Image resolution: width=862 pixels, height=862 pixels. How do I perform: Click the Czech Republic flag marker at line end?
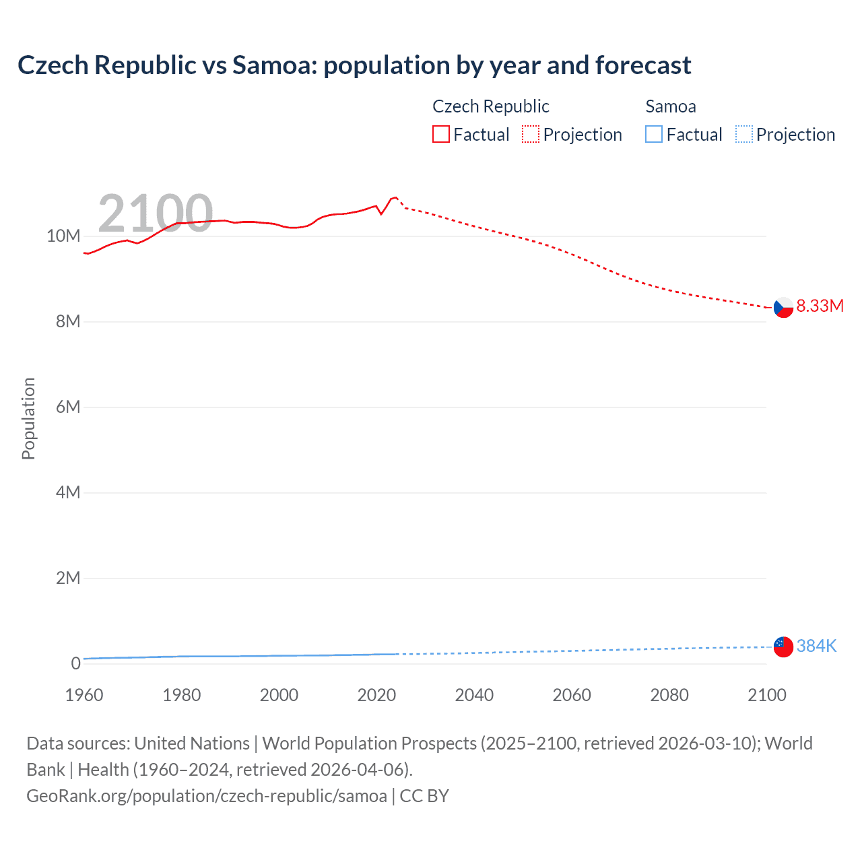click(x=783, y=307)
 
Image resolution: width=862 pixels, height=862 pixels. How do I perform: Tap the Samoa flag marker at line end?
click(x=783, y=646)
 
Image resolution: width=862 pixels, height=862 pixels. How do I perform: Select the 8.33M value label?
click(x=820, y=306)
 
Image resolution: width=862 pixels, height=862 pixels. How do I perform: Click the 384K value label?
click(x=816, y=646)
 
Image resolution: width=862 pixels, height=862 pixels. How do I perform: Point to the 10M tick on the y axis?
click(x=63, y=236)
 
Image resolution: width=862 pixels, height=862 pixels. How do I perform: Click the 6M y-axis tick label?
click(x=67, y=407)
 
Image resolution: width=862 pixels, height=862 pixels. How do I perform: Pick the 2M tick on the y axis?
click(x=67, y=578)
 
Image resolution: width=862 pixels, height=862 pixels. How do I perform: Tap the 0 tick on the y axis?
click(x=75, y=663)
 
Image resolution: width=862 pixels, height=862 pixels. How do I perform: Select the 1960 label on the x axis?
click(x=84, y=695)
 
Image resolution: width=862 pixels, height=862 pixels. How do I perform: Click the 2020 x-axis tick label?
click(x=376, y=695)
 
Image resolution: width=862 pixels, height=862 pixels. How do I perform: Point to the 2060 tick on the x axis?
click(x=572, y=695)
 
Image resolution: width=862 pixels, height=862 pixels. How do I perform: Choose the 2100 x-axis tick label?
click(x=766, y=695)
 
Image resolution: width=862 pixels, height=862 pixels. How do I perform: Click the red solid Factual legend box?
click(x=441, y=135)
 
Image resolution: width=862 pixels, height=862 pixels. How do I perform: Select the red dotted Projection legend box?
click(x=531, y=135)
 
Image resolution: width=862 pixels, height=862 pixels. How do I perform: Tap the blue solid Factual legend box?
click(x=654, y=135)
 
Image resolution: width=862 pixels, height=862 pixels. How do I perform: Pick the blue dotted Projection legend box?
click(x=743, y=135)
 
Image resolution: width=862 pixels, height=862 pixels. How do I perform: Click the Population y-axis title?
click(x=28, y=418)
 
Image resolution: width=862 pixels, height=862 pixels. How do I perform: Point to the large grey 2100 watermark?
click(x=156, y=213)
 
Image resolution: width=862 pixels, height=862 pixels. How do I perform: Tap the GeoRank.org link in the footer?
click(x=207, y=795)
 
